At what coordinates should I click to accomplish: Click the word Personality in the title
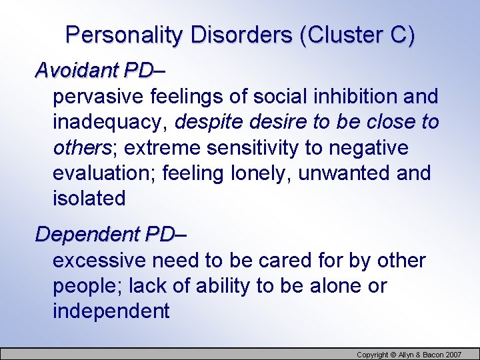(x=123, y=35)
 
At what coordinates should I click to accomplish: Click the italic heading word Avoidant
(x=75, y=69)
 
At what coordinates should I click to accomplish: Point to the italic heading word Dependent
(x=87, y=235)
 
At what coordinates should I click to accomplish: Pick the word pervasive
(x=99, y=97)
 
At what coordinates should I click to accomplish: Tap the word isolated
(x=89, y=199)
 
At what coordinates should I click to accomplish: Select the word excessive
(x=99, y=261)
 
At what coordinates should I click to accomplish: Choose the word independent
(x=111, y=311)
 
